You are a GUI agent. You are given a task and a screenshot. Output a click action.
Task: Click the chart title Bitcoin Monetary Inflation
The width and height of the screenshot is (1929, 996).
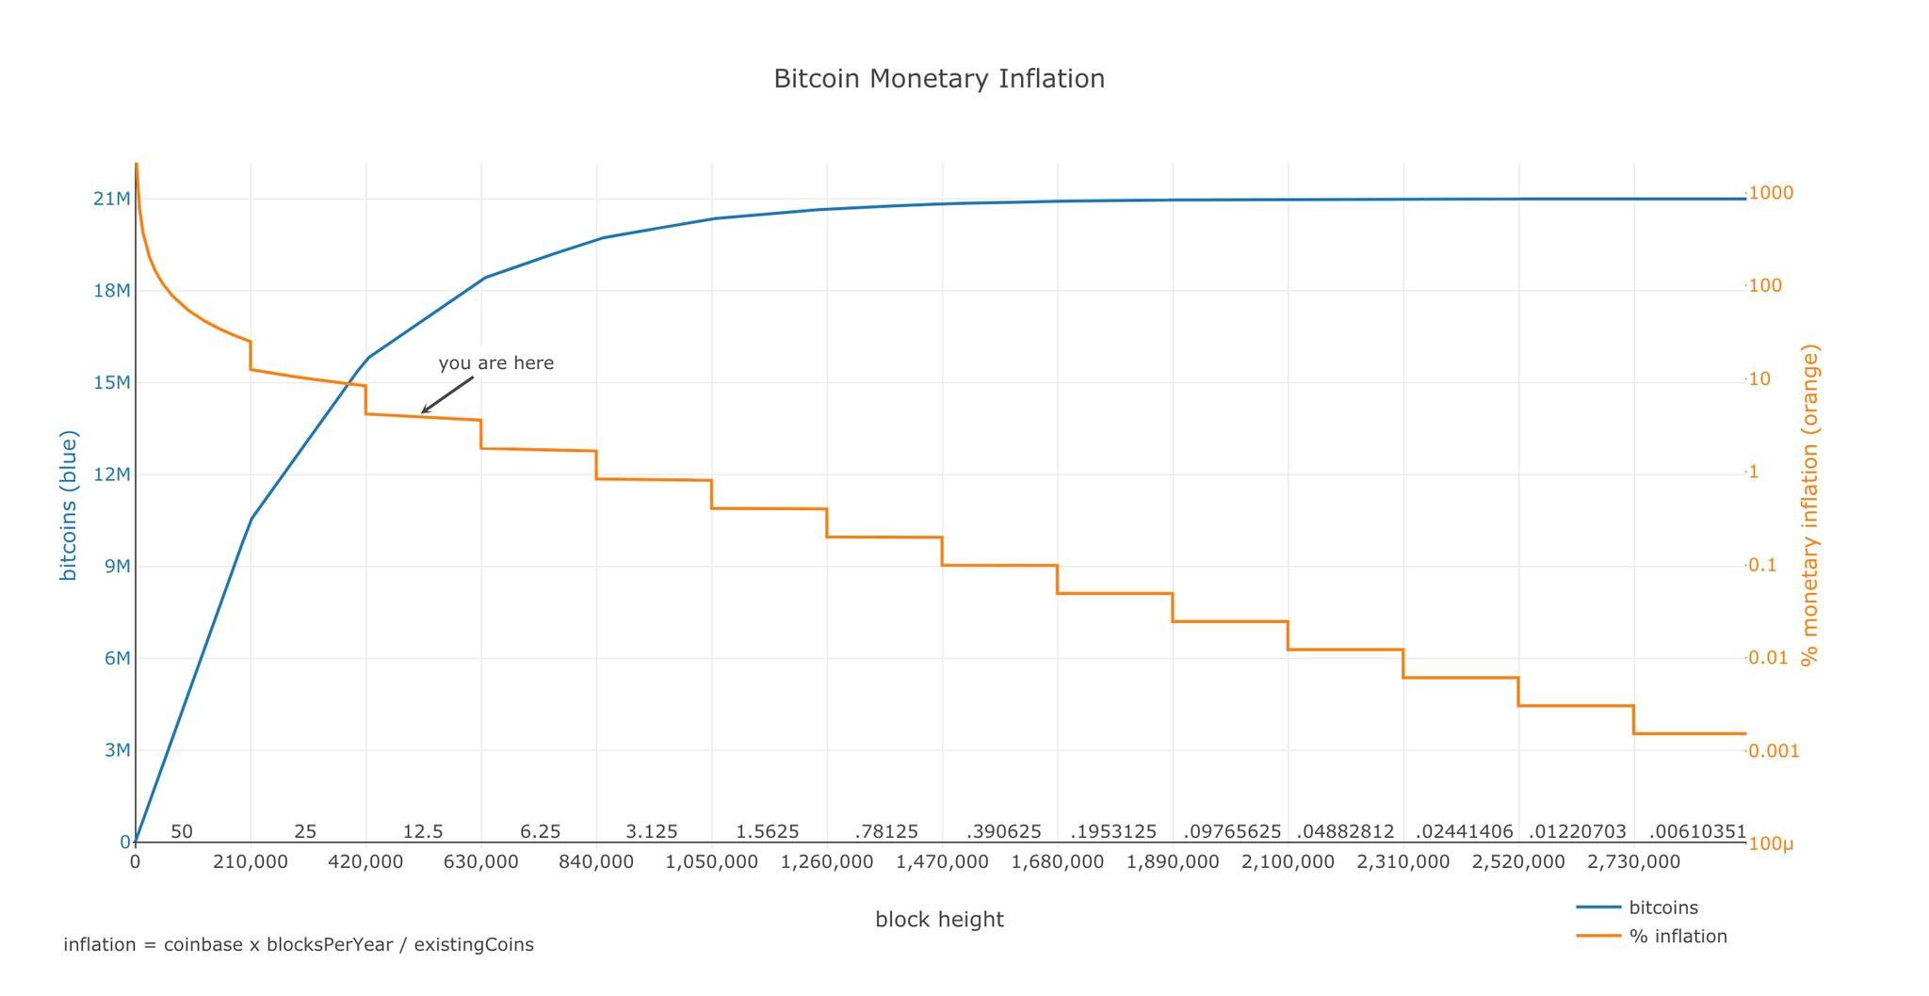click(x=939, y=78)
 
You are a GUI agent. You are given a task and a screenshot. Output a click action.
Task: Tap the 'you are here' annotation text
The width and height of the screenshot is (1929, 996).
click(x=495, y=363)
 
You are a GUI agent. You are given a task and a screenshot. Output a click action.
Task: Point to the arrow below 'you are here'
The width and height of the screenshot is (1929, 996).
click(x=447, y=394)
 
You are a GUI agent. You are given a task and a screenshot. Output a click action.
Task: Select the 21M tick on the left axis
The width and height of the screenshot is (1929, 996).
click(x=111, y=199)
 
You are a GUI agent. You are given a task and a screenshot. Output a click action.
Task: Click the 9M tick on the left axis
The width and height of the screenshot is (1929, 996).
click(x=117, y=566)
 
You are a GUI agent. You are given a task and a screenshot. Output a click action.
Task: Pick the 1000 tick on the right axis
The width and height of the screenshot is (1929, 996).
click(x=1771, y=193)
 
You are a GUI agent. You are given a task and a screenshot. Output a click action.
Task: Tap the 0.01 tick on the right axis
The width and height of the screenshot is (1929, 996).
click(x=1768, y=657)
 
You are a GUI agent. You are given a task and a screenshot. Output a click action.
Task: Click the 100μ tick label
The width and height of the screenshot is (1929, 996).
click(x=1771, y=843)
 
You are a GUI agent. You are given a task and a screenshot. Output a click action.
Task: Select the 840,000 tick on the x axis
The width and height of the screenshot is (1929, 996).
click(x=596, y=861)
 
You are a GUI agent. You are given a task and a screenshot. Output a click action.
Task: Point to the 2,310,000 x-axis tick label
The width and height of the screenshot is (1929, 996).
click(x=1402, y=861)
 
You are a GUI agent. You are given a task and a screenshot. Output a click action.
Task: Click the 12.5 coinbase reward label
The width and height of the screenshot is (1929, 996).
click(x=423, y=831)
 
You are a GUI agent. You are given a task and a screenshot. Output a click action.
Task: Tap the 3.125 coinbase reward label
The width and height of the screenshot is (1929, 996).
click(x=652, y=831)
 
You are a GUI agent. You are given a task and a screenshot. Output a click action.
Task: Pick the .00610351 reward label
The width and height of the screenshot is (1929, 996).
click(x=1697, y=831)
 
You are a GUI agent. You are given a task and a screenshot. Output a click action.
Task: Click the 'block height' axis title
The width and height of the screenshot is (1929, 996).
click(x=939, y=919)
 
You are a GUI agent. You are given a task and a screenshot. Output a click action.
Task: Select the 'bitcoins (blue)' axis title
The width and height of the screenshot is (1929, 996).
click(x=69, y=506)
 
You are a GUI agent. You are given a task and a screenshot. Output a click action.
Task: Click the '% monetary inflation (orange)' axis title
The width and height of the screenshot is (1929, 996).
click(x=1809, y=505)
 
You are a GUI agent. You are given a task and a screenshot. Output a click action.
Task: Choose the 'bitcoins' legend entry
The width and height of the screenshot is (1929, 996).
click(x=1663, y=908)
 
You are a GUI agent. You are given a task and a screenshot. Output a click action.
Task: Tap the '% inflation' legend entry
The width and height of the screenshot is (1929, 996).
click(x=1678, y=936)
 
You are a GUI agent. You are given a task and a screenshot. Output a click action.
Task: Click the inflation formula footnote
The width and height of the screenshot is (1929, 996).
click(x=299, y=944)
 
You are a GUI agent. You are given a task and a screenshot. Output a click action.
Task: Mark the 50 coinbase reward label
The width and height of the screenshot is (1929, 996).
click(x=182, y=831)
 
